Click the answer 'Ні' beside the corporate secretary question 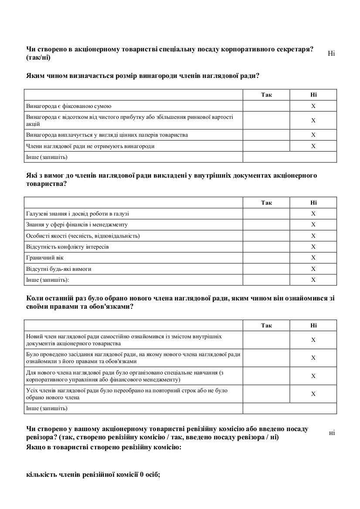331,54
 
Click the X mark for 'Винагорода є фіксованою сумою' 313,106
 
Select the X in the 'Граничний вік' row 313,258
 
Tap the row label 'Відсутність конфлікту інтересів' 68,247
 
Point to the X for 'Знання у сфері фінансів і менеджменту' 313,225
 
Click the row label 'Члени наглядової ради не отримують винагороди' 90,146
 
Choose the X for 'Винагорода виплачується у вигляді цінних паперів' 313,135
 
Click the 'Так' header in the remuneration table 266,95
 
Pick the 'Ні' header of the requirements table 313,202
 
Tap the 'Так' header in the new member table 266,325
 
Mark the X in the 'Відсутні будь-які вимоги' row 313,269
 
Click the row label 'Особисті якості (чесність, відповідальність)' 83,236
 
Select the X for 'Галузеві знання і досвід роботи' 313,214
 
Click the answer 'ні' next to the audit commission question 332,432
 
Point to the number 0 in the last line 142,475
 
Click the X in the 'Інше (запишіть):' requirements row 313,280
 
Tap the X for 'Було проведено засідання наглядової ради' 313,358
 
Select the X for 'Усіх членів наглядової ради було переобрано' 313,394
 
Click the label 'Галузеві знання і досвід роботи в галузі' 78,214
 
